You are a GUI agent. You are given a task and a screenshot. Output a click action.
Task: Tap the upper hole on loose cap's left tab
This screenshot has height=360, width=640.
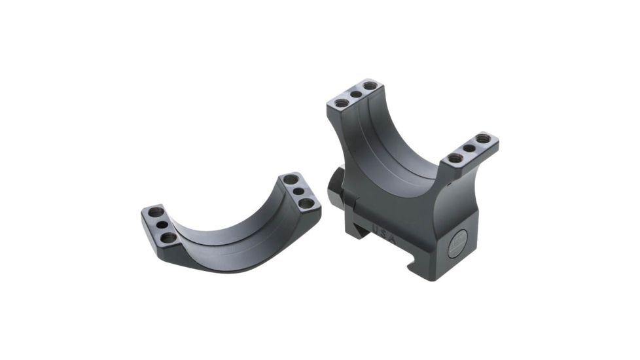pyautogui.click(x=156, y=213)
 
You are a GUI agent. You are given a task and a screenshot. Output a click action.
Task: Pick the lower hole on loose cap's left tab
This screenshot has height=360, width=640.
pyautogui.click(x=168, y=236)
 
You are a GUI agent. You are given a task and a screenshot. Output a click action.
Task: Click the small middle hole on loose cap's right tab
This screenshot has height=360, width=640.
pyautogui.click(x=298, y=191)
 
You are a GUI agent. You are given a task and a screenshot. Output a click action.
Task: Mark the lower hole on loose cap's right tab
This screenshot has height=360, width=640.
pyautogui.click(x=306, y=203)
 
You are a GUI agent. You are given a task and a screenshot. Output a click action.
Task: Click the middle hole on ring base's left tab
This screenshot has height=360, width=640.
pyautogui.click(x=355, y=94)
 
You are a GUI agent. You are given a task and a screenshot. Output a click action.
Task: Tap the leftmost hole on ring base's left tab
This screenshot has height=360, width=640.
pyautogui.click(x=340, y=102)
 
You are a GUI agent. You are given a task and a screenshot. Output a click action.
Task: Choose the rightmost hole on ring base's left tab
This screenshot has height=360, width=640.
pyautogui.click(x=370, y=86)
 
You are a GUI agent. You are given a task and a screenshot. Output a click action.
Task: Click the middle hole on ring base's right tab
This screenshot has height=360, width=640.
pyautogui.click(x=469, y=148)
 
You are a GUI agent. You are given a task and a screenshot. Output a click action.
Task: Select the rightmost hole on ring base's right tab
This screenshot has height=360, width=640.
pyautogui.click(x=483, y=139)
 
